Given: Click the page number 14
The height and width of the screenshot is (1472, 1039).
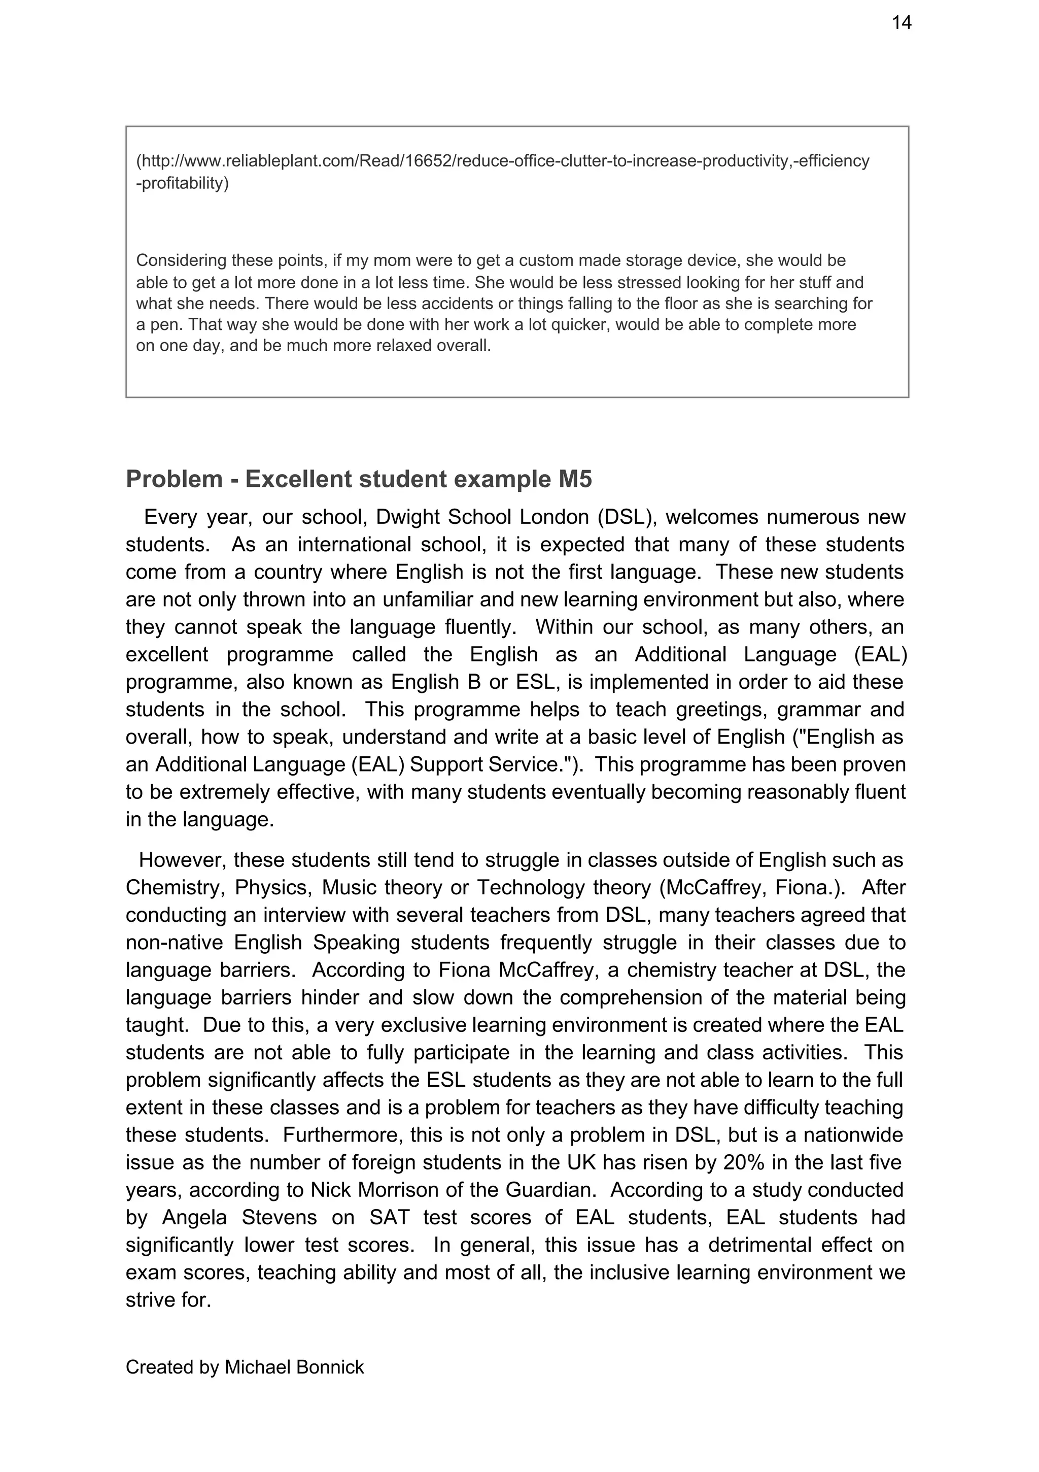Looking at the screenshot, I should (901, 23).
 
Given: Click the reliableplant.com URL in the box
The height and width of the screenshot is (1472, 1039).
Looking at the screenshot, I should (503, 161).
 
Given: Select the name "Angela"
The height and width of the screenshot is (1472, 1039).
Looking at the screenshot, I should (195, 1218).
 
